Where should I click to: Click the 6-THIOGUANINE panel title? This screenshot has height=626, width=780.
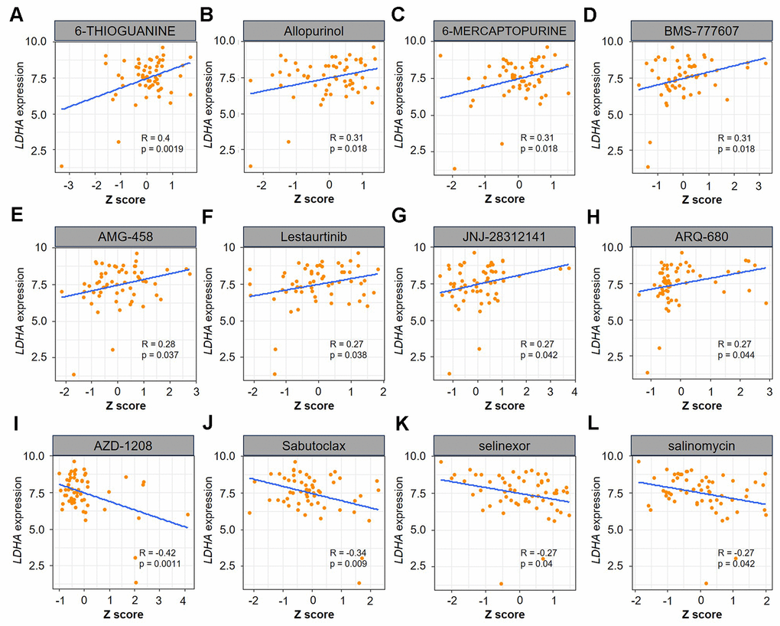pyautogui.click(x=126, y=31)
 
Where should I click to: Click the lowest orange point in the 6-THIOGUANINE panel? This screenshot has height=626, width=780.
pyautogui.click(x=62, y=166)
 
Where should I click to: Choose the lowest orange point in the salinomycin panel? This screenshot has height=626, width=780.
pyautogui.click(x=707, y=583)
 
